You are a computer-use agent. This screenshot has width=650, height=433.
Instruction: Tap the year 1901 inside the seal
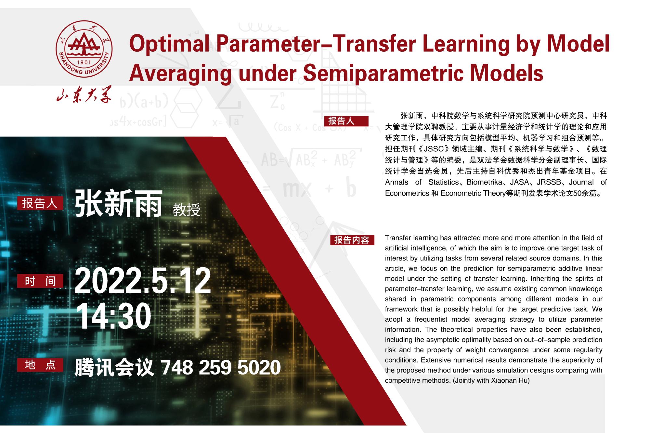point(84,62)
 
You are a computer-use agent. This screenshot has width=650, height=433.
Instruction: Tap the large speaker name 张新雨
point(118,203)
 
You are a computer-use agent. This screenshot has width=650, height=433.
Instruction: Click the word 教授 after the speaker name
point(186,210)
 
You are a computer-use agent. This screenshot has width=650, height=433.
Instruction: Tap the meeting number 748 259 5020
point(221,367)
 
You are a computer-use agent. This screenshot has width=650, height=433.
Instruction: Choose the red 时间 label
point(40,281)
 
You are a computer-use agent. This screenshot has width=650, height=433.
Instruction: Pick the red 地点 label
point(40,365)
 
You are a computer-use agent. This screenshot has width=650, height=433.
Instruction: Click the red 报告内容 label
point(352,240)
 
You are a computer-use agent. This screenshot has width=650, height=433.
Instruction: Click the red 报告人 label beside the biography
point(346,121)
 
